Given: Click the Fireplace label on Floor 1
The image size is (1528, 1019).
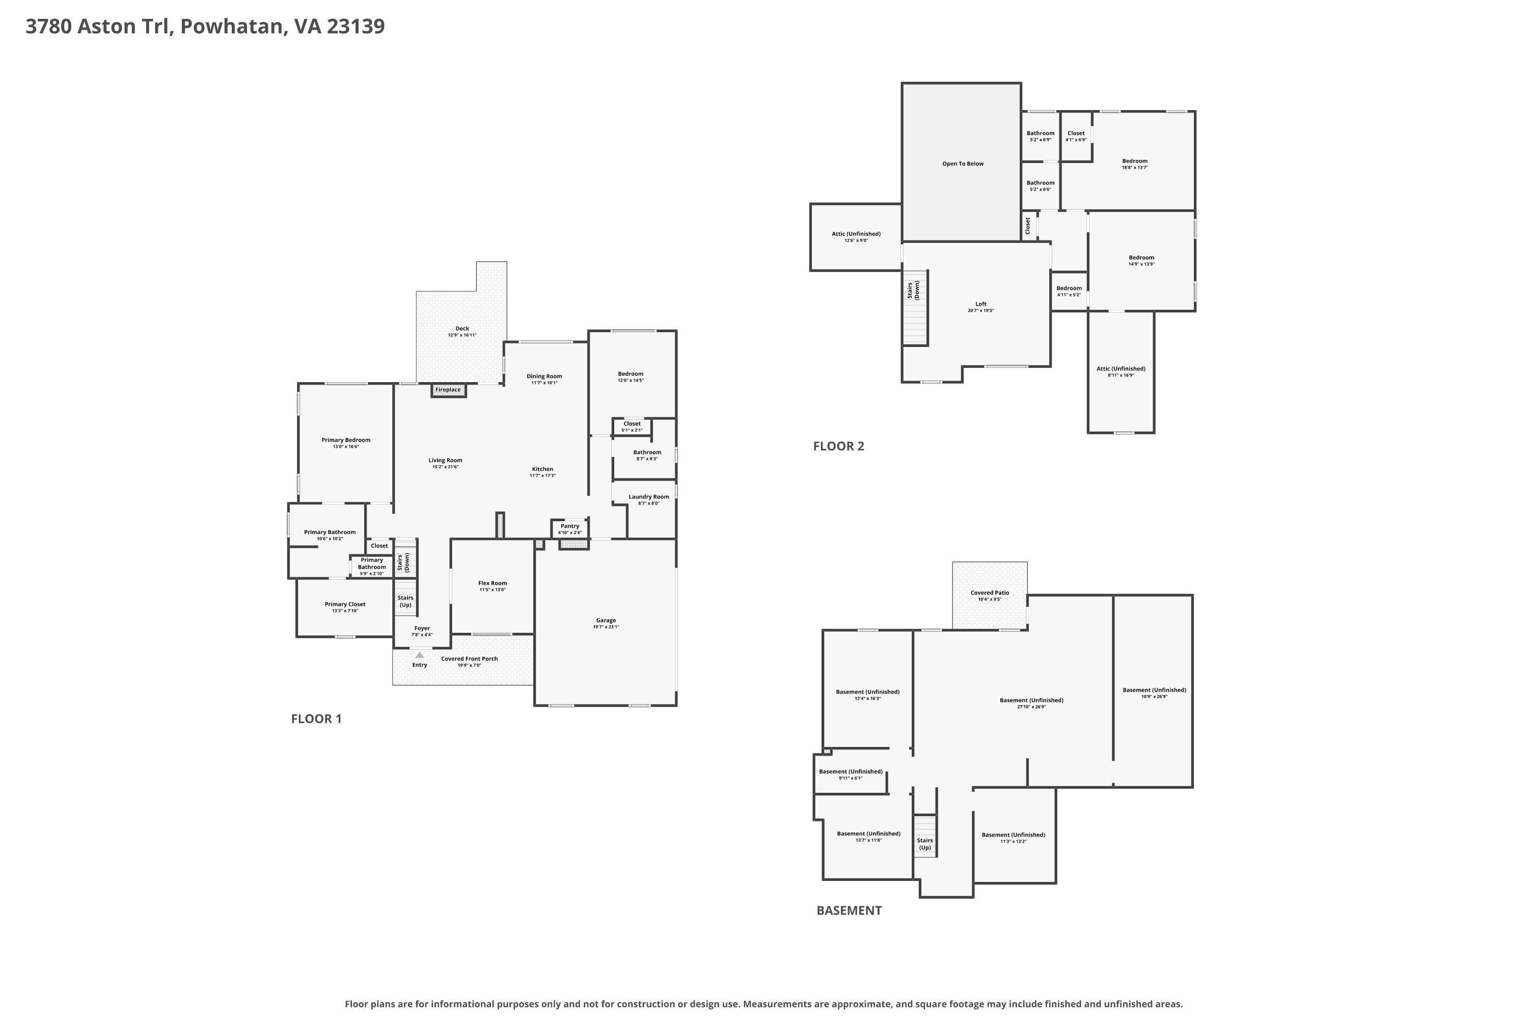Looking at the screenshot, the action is [448, 390].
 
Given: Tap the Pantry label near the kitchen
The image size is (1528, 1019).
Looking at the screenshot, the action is [570, 526].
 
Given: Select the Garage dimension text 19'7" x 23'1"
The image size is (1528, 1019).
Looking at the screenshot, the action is [606, 627].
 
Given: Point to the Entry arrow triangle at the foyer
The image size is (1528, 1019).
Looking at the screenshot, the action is [420, 655].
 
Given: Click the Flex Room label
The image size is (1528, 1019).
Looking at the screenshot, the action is [493, 583].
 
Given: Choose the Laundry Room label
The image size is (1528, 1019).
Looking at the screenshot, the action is [648, 497].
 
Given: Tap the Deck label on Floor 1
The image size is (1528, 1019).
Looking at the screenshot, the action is [462, 329].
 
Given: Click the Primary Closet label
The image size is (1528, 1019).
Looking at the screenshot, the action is [345, 604].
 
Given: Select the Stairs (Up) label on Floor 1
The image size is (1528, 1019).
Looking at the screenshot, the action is [405, 601].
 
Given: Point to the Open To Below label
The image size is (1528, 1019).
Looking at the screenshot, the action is [963, 164].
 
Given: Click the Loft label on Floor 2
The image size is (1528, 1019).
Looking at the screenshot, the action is [980, 304].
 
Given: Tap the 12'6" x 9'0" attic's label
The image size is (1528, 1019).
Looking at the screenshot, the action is [856, 234].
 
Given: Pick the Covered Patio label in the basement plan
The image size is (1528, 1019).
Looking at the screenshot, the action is [990, 593].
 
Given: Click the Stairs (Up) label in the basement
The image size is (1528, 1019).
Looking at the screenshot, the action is [924, 844].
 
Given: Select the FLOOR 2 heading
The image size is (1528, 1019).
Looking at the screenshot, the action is [839, 446].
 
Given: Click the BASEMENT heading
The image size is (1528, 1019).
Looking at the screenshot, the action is [849, 910].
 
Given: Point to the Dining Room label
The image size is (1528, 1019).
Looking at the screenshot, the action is [544, 377].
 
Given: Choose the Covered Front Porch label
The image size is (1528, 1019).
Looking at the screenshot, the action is [469, 659].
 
